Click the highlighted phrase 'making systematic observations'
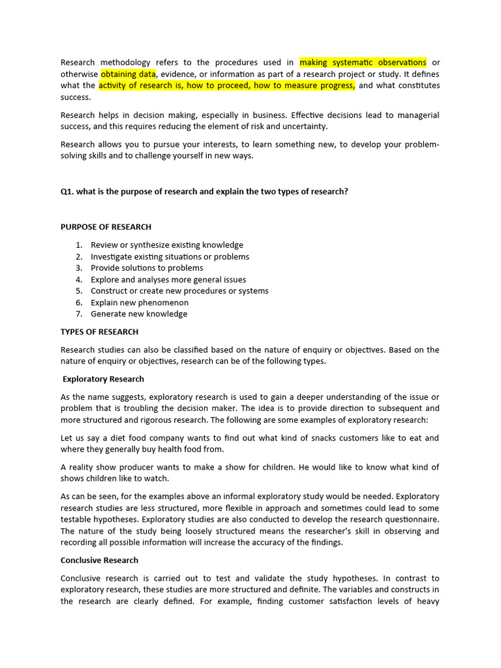coord(363,63)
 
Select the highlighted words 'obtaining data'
coord(129,74)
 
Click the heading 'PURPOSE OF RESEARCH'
coord(106,227)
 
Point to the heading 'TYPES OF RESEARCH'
coord(99,332)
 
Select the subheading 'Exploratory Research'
coord(103,379)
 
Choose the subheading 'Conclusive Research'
coord(99,560)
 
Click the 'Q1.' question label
coord(68,192)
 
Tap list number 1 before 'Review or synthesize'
coord(78,245)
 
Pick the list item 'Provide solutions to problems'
coord(147,268)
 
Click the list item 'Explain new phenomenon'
coord(140,303)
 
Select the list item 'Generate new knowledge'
coord(139,314)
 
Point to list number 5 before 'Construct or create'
coord(78,291)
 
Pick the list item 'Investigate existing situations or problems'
coord(170,257)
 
